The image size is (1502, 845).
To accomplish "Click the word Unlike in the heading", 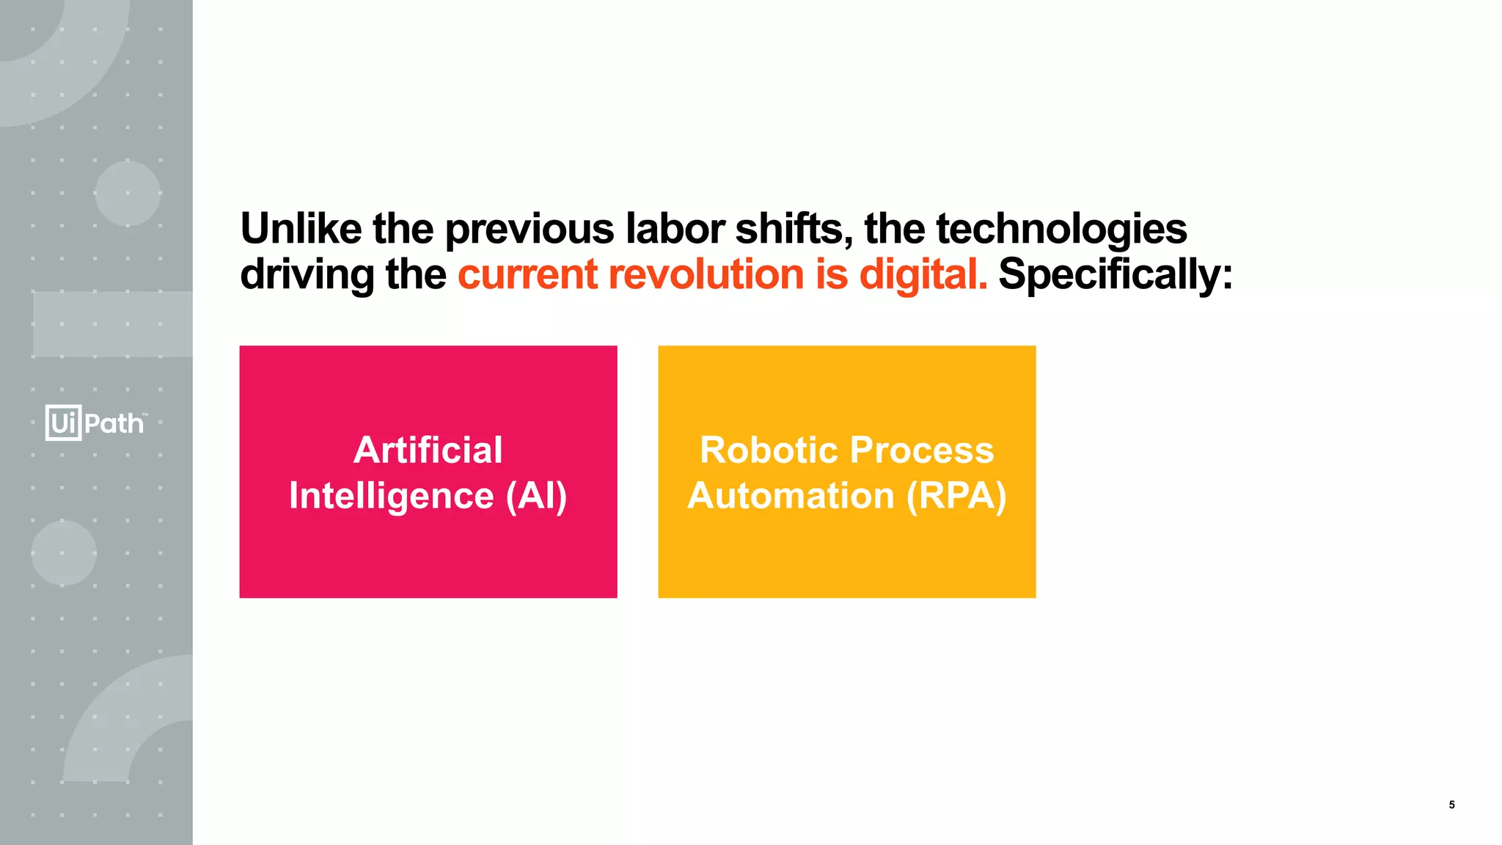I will (301, 228).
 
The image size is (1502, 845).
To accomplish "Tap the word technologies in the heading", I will (1061, 228).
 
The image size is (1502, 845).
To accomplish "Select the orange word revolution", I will (706, 274).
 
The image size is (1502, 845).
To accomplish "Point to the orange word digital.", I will (923, 274).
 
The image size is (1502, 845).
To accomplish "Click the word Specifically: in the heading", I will (1115, 274).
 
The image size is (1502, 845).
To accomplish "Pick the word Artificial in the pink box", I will (428, 450).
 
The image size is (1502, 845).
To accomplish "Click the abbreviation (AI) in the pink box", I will (536, 496).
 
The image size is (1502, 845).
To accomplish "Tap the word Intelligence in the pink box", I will (391, 496).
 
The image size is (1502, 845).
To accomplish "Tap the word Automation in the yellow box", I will (791, 496).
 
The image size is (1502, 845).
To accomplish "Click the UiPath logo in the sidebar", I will (95, 422).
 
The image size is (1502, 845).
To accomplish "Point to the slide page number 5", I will (1451, 805).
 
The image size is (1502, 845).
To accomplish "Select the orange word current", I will (527, 274).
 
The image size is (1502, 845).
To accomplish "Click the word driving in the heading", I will (307, 274).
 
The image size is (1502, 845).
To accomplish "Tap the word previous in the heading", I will (529, 228).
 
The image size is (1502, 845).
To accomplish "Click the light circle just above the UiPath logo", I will (128, 194).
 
